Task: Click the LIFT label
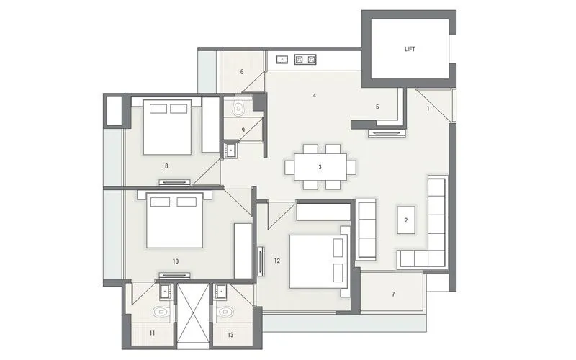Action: [x=409, y=50]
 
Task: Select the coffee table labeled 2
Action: [x=407, y=221]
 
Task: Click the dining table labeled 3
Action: [x=321, y=166]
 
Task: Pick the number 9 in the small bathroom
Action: [x=244, y=130]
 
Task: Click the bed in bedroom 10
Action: [x=175, y=220]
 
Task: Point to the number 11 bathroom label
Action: [x=152, y=333]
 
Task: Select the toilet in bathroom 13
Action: [x=226, y=314]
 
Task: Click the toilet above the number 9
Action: [x=239, y=108]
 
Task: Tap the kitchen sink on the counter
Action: [x=282, y=59]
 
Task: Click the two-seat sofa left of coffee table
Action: [x=366, y=230]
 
